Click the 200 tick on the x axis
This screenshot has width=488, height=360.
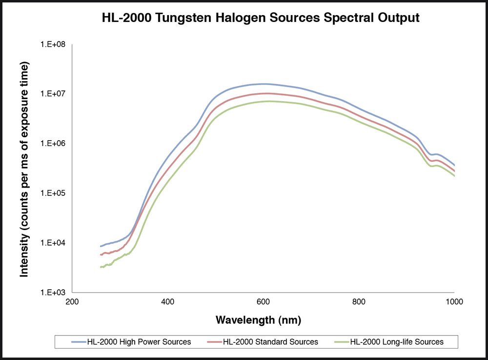click(72, 302)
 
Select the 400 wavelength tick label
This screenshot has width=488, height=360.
click(167, 302)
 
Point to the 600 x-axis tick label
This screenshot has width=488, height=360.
click(263, 302)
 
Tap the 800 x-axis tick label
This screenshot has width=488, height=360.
click(359, 302)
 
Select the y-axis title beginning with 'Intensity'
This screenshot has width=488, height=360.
click(24, 169)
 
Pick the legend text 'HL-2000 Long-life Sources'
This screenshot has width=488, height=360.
click(397, 342)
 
